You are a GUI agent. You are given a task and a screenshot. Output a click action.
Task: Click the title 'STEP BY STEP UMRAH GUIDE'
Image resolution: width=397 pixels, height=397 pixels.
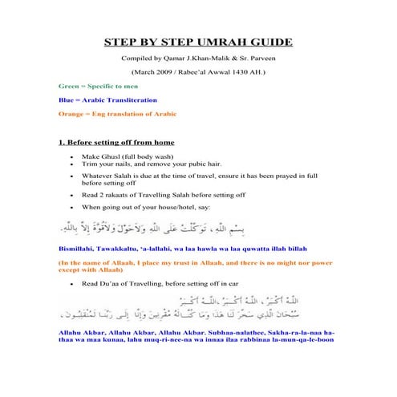click(x=199, y=43)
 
